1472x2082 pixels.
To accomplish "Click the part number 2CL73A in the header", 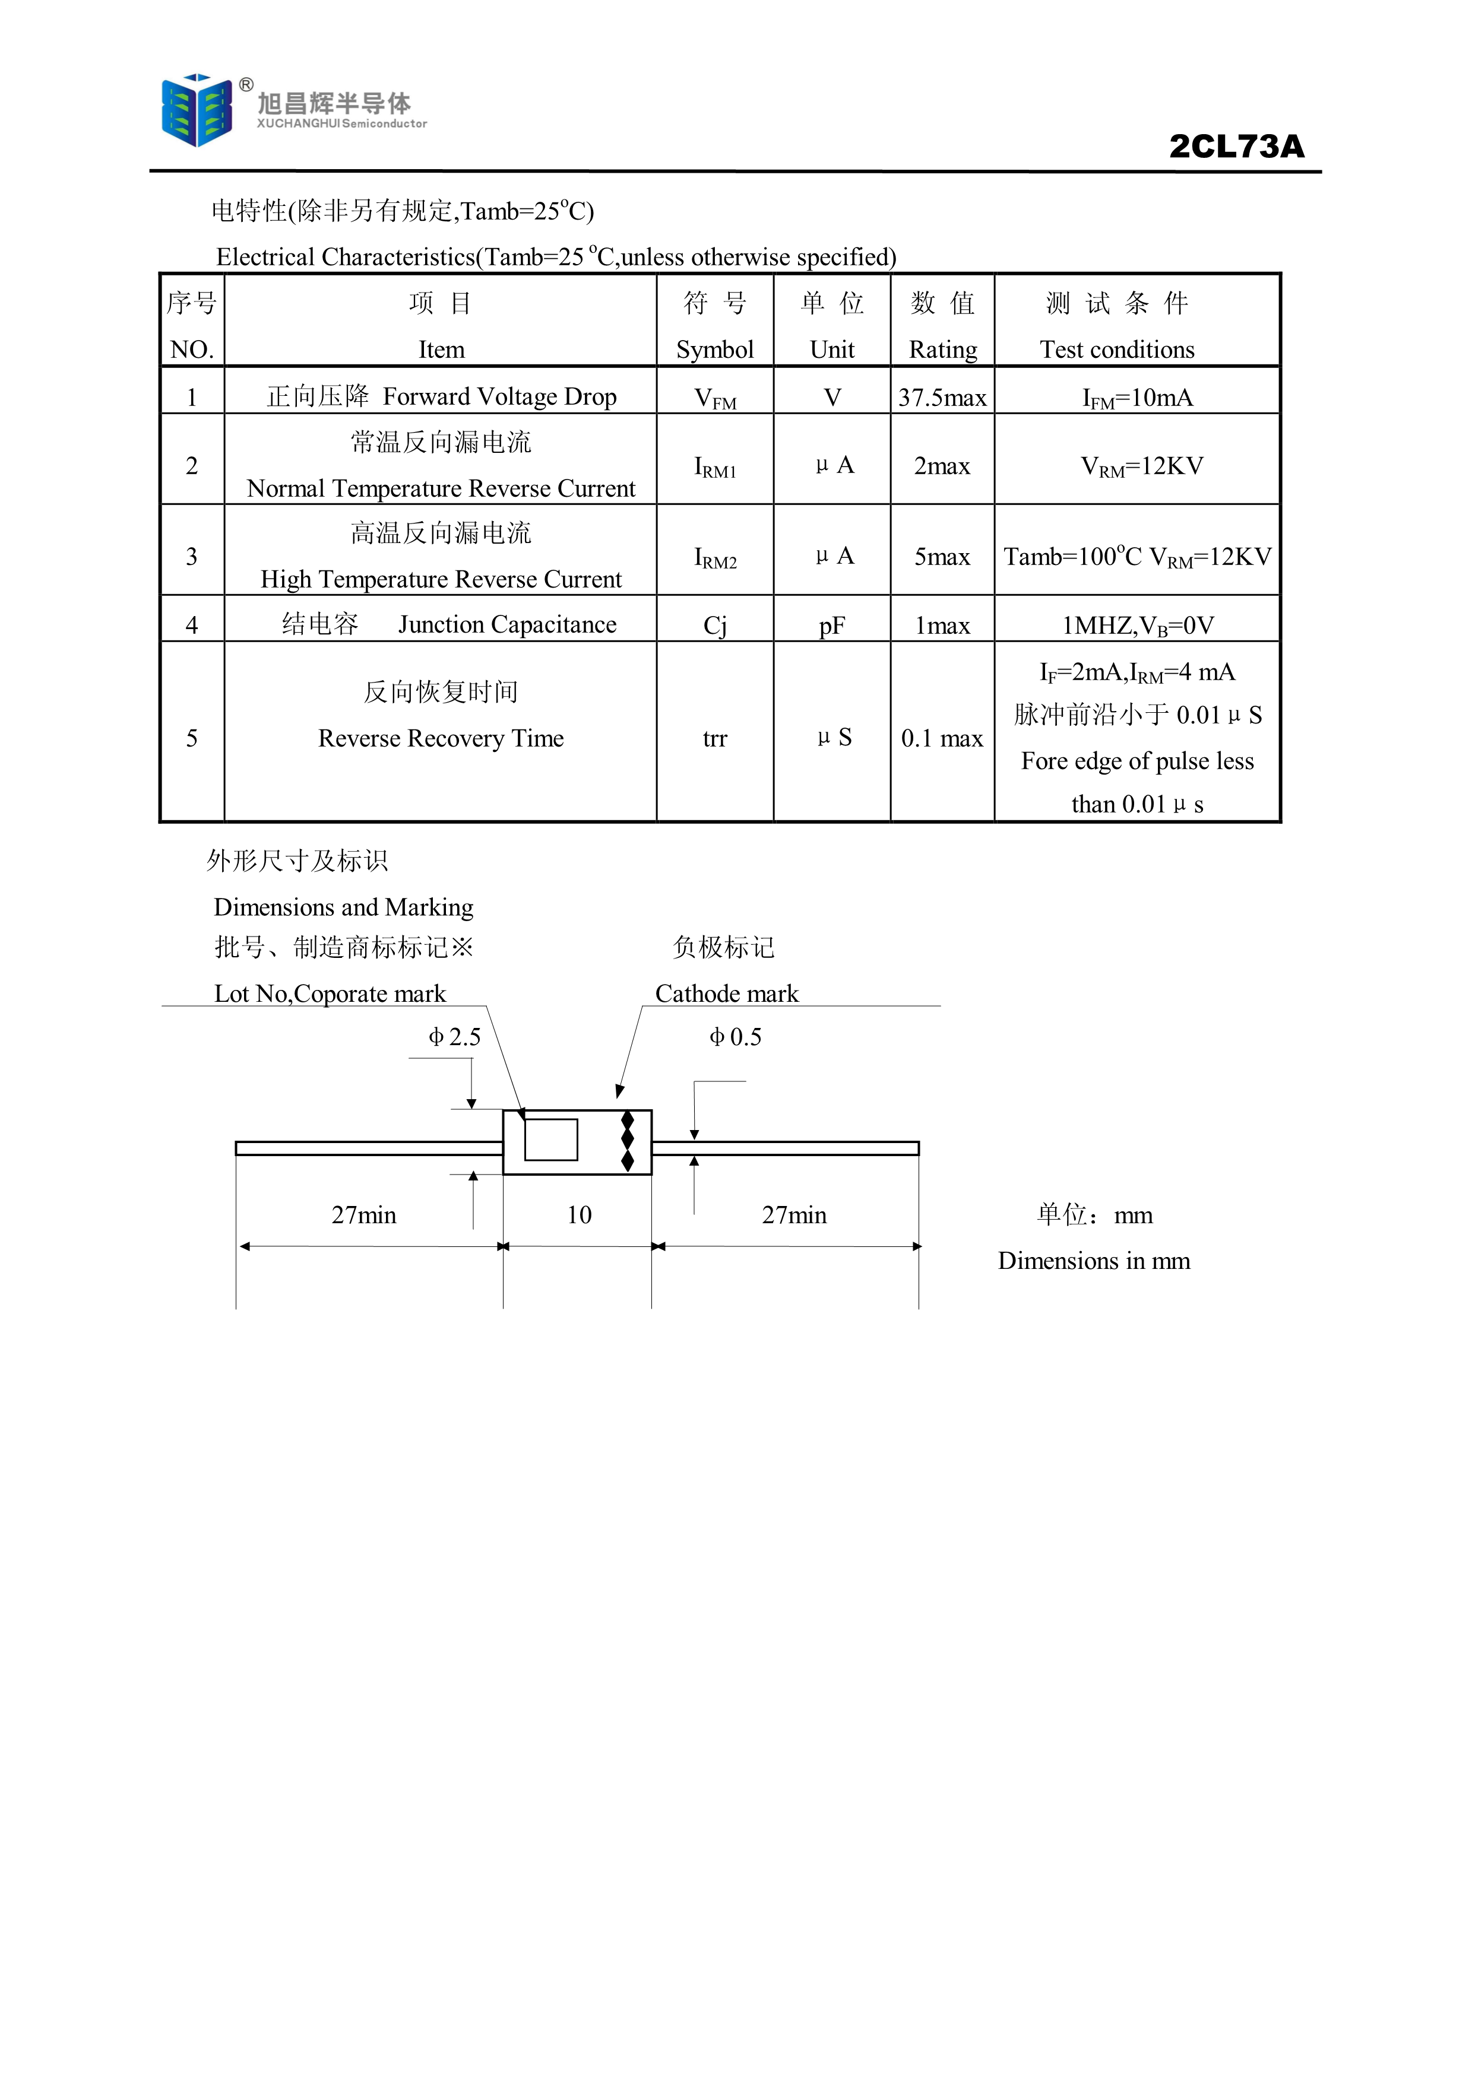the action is coord(1236,146).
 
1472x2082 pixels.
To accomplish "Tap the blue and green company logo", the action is coord(196,110).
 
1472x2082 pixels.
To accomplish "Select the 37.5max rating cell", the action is coord(942,397).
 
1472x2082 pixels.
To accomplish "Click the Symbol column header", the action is coord(715,350).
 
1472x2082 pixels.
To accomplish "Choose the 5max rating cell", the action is coord(942,556).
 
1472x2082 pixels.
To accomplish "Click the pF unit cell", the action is coord(832,626).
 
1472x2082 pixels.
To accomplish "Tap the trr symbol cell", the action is coord(715,739).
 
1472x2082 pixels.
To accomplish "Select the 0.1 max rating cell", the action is coord(942,738).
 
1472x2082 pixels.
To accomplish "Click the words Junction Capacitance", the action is coord(507,625).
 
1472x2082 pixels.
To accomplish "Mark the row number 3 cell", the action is coord(191,556).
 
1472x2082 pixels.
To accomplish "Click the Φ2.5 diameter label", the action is coord(454,1036).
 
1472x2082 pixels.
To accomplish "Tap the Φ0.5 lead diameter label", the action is coord(736,1036).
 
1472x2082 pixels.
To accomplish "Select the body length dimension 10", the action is coord(578,1215).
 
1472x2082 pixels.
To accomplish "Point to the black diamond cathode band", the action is coord(626,1142).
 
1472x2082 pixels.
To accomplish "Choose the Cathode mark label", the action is coord(726,994).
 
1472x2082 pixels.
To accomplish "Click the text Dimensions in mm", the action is coord(1094,1261).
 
